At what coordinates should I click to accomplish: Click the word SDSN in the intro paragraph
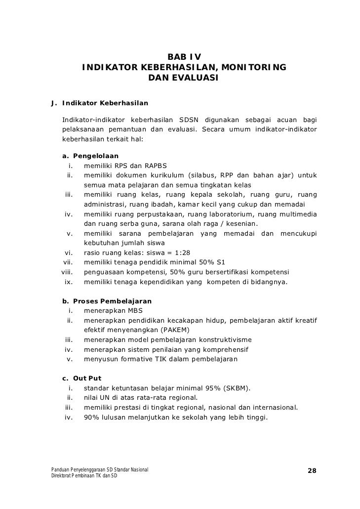[x=188, y=119]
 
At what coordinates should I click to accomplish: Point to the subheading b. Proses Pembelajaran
[x=107, y=301]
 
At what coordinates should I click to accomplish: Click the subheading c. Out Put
[x=81, y=379]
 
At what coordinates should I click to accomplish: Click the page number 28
[x=312, y=470]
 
